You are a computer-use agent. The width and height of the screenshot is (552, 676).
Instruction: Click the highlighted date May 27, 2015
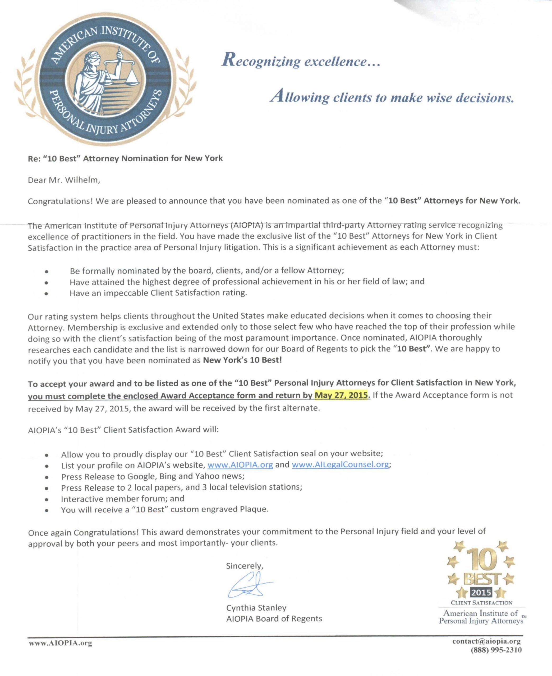[342, 395]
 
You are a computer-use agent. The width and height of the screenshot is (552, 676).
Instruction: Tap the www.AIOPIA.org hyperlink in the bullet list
[240, 465]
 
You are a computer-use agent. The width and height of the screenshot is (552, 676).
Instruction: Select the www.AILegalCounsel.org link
[340, 465]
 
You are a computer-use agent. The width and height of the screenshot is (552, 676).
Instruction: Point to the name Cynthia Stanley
[256, 608]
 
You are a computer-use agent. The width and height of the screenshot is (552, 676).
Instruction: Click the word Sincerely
[244, 566]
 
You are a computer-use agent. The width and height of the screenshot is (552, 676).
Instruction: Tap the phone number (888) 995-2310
[496, 650]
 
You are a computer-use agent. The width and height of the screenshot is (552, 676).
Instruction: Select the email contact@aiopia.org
[486, 641]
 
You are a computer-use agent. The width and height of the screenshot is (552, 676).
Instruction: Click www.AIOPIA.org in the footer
[61, 643]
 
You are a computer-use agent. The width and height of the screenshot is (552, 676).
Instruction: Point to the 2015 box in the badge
[481, 592]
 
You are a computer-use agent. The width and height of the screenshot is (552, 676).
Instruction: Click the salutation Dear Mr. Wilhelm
[64, 180]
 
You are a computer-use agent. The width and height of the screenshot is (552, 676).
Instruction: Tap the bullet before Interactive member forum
[47, 499]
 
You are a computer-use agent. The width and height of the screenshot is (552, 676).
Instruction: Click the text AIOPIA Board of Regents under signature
[274, 618]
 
